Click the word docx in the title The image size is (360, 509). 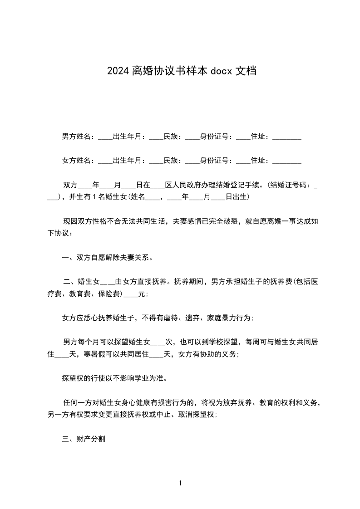221,71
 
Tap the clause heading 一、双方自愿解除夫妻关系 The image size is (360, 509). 107,258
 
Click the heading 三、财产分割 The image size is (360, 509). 84,439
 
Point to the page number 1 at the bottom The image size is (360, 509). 180,483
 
